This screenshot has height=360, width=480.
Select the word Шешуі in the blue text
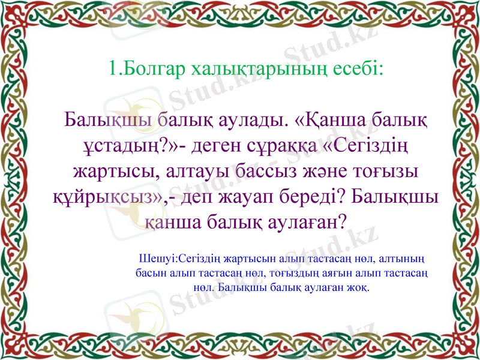(158, 259)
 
